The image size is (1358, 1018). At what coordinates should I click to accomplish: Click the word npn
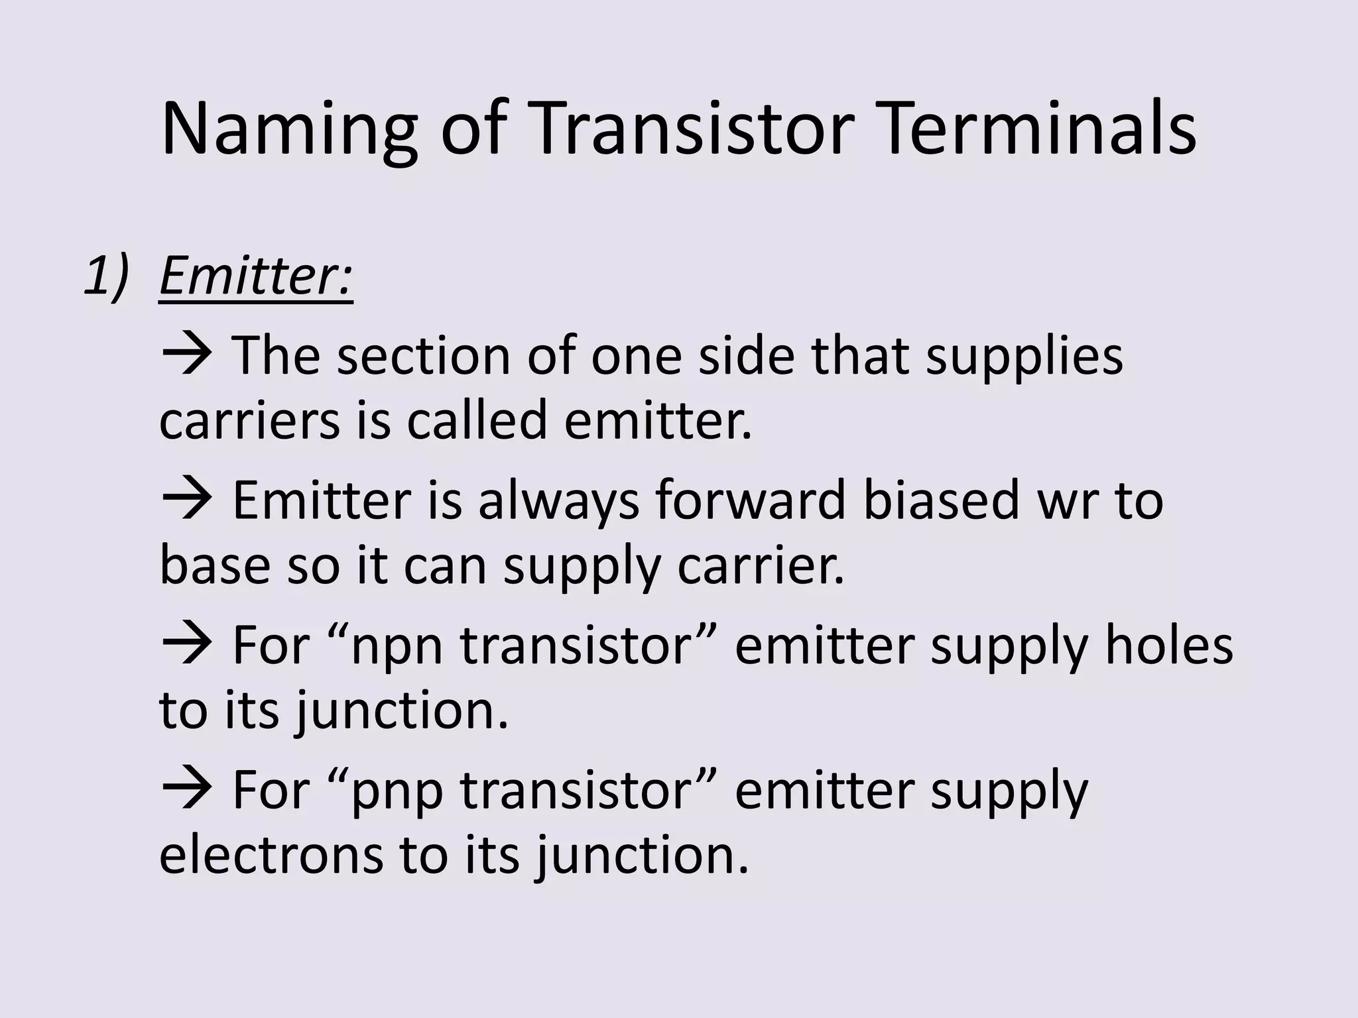[397, 646]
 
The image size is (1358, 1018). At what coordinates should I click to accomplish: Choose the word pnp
[397, 791]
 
